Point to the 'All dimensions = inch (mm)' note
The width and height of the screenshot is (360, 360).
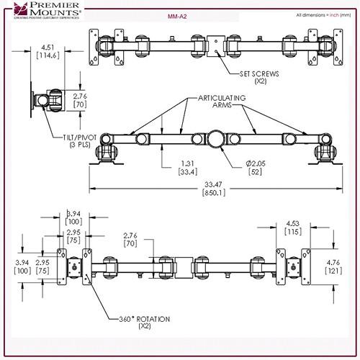point(318,14)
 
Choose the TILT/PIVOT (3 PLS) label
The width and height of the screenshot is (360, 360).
point(70,142)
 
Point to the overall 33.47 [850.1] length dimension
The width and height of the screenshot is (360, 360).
point(214,189)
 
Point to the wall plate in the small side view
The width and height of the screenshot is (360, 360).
point(34,100)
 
